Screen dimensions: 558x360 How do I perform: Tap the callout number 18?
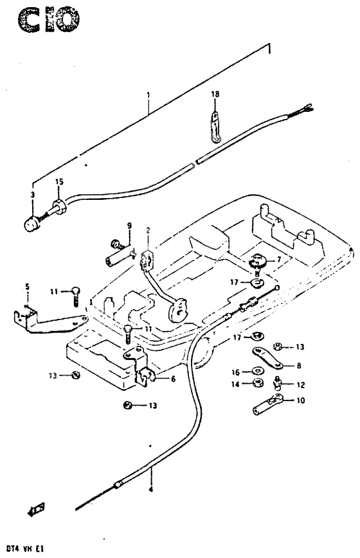pyautogui.click(x=215, y=94)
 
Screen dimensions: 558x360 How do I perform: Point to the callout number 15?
pyautogui.click(x=59, y=183)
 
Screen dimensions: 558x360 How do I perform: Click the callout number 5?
pyautogui.click(x=27, y=286)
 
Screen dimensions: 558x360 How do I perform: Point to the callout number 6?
pyautogui.click(x=172, y=379)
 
